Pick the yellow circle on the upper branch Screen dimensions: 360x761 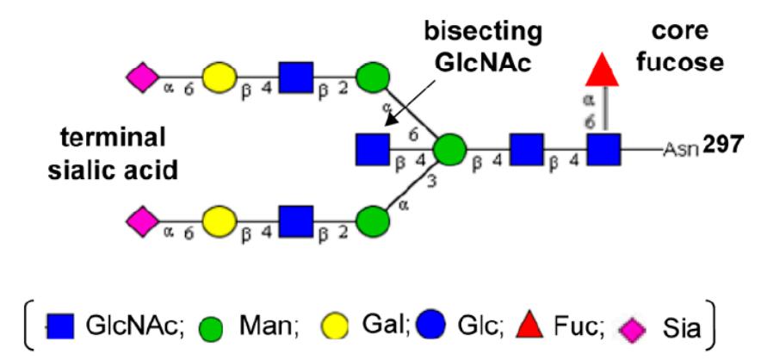click(x=219, y=78)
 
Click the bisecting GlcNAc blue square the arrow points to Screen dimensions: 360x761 click(x=372, y=150)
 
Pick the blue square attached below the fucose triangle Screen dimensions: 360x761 click(x=606, y=150)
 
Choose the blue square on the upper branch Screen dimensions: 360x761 click(x=295, y=78)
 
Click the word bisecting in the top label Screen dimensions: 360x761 click(x=477, y=32)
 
